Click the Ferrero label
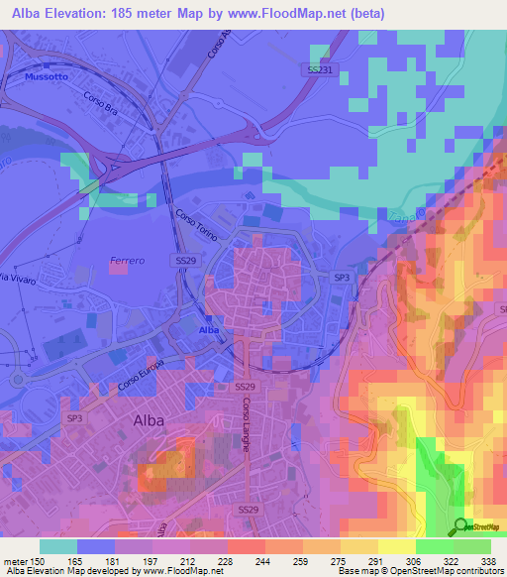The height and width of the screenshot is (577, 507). tap(126, 261)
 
